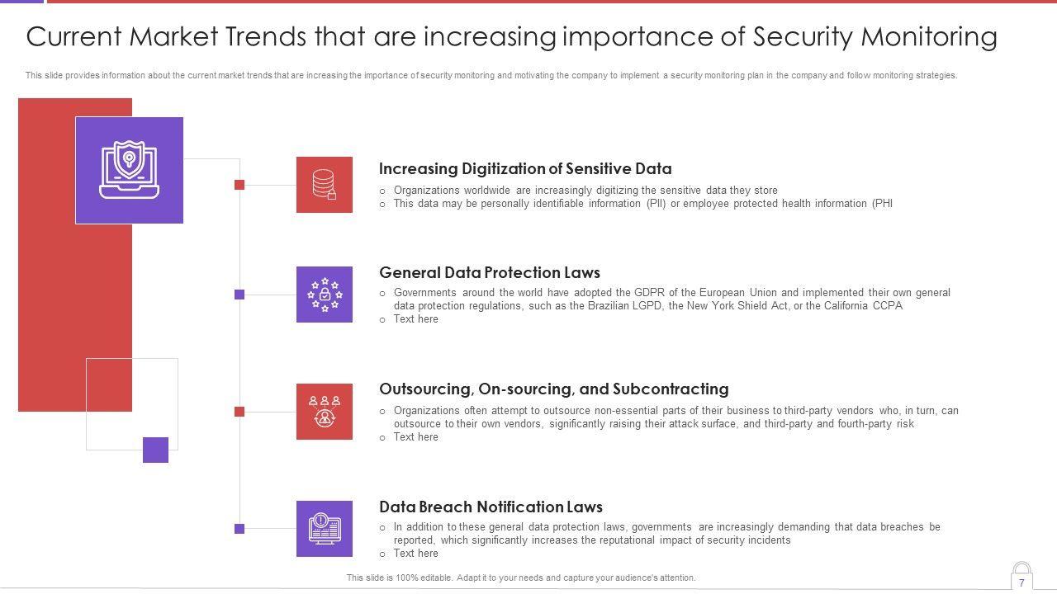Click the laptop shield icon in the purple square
pyautogui.click(x=129, y=170)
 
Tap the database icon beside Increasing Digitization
pyautogui.click(x=325, y=184)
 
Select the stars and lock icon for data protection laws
pyautogui.click(x=325, y=295)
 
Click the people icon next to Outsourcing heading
pyautogui.click(x=325, y=412)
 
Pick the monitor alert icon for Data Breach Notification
pyautogui.click(x=325, y=529)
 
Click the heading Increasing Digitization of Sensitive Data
pyautogui.click(x=525, y=169)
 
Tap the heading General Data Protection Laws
pyautogui.click(x=490, y=272)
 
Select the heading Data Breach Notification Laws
pyautogui.click(x=491, y=507)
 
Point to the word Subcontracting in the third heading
pyautogui.click(x=671, y=389)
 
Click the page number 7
pyautogui.click(x=1021, y=582)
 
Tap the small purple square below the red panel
pyautogui.click(x=156, y=450)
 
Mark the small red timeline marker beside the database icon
pyautogui.click(x=239, y=185)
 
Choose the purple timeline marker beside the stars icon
pyautogui.click(x=239, y=295)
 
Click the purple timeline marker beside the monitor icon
pyautogui.click(x=239, y=529)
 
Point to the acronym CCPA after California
pyautogui.click(x=888, y=305)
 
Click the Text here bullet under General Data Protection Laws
pyautogui.click(x=415, y=319)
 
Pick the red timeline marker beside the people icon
pyautogui.click(x=239, y=412)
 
